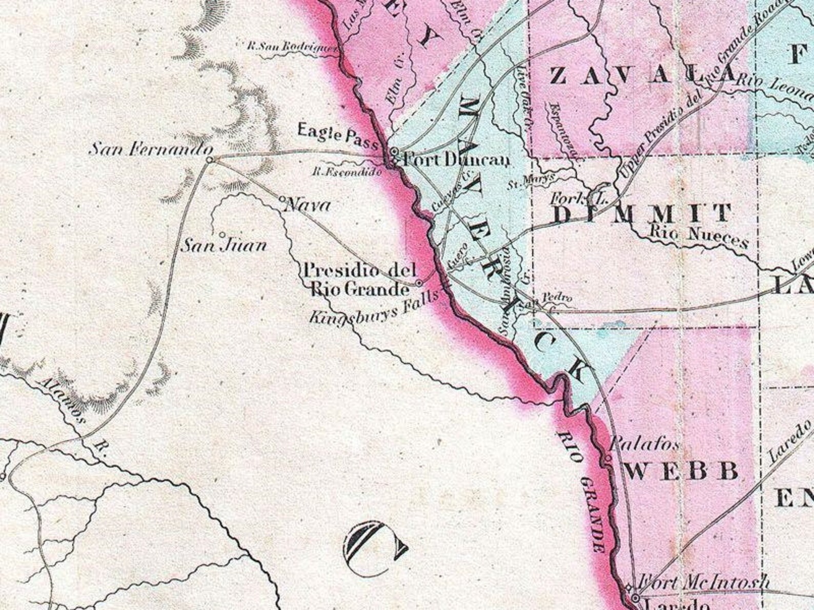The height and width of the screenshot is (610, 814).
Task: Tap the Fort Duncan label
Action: click(456, 160)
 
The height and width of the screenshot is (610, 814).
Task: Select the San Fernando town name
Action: click(151, 150)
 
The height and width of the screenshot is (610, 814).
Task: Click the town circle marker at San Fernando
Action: click(209, 160)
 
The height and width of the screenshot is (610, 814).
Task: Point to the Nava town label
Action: click(307, 206)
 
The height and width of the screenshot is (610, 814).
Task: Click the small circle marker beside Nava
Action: click(282, 198)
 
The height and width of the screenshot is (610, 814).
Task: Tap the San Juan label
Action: click(225, 246)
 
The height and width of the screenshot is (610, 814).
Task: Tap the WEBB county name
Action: click(682, 471)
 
